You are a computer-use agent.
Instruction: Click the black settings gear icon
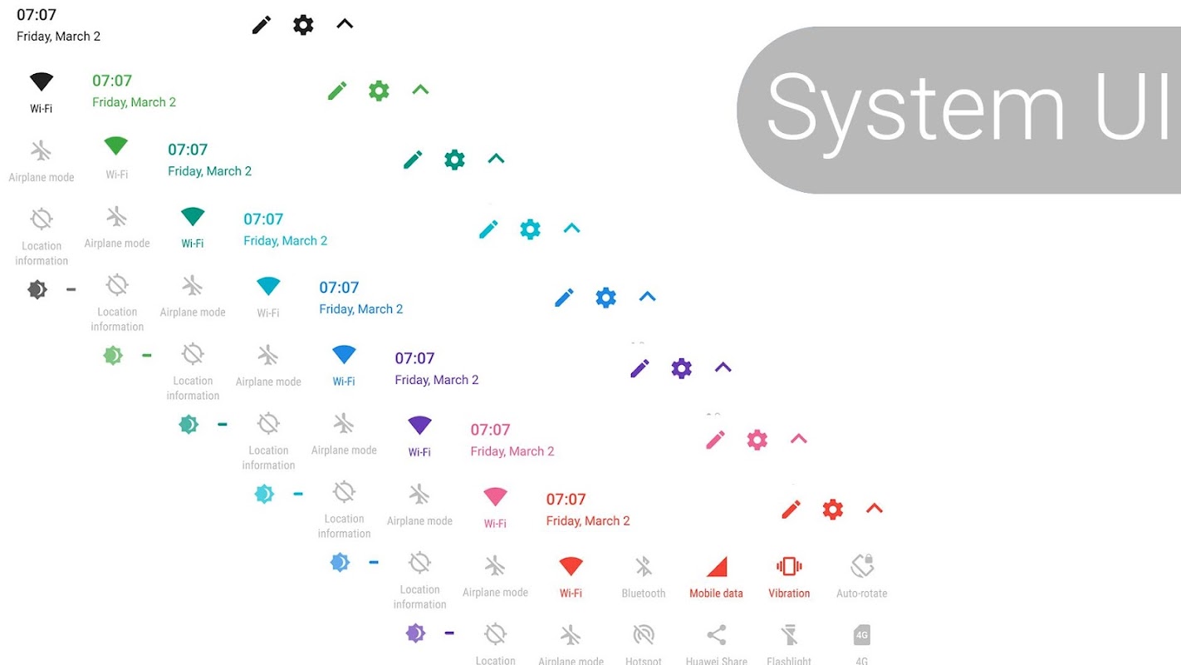(303, 25)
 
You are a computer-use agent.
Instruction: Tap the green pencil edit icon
(337, 91)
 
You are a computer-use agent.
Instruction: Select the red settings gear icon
(832, 510)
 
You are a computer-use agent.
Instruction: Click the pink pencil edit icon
(715, 440)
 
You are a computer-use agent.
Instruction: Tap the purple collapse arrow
(723, 367)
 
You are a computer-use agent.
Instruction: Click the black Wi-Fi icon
(42, 81)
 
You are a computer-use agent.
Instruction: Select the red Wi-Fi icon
(571, 567)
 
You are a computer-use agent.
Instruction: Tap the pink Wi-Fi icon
(495, 497)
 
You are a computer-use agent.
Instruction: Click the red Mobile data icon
(717, 567)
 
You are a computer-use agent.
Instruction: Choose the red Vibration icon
(789, 567)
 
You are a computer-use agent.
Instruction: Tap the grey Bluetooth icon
(644, 567)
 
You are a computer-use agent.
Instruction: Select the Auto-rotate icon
(862, 567)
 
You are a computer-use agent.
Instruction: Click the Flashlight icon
(789, 636)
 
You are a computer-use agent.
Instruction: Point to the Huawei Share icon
(717, 636)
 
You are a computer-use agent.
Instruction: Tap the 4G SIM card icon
(862, 636)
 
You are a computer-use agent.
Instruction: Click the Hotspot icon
(644, 636)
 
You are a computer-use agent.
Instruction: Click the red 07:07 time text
(566, 500)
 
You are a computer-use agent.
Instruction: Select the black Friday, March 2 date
(58, 37)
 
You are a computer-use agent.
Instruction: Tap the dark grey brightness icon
(37, 289)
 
